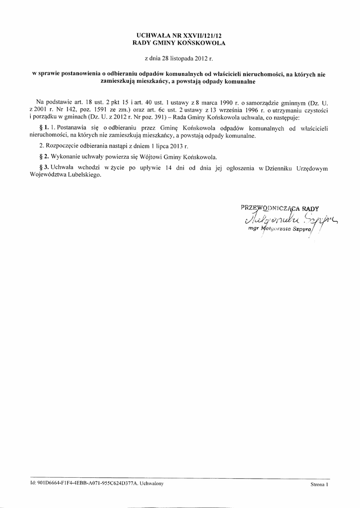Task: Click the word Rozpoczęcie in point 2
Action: tap(62, 146)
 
